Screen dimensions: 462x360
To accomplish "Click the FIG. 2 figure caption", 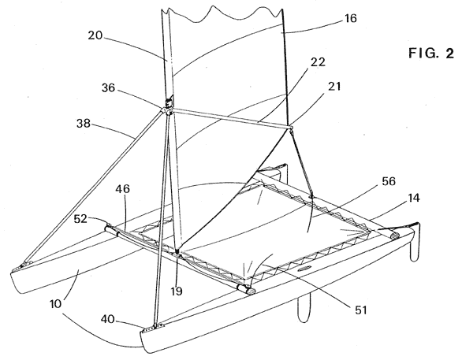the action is point(431,54).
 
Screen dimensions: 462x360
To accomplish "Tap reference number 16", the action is point(350,18).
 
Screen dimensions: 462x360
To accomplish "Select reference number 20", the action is point(95,35).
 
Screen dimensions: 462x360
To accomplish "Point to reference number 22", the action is point(318,62).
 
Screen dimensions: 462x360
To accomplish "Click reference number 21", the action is point(333,86).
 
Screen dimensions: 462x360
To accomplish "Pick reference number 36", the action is point(108,87).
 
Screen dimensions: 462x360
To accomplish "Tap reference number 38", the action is point(84,123).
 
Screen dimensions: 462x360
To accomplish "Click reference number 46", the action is point(122,189).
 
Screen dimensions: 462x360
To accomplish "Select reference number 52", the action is point(80,219).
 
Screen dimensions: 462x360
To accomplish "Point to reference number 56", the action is point(389,181).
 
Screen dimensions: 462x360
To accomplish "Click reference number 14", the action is point(414,198).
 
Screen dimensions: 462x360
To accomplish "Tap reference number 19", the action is point(177,291).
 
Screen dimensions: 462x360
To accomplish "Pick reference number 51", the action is point(360,310).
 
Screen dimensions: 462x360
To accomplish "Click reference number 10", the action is point(55,303).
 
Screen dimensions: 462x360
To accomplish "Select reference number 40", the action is point(108,319).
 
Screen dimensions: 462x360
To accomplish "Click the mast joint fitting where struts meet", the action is point(168,111).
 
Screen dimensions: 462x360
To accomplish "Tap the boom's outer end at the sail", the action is point(290,128).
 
